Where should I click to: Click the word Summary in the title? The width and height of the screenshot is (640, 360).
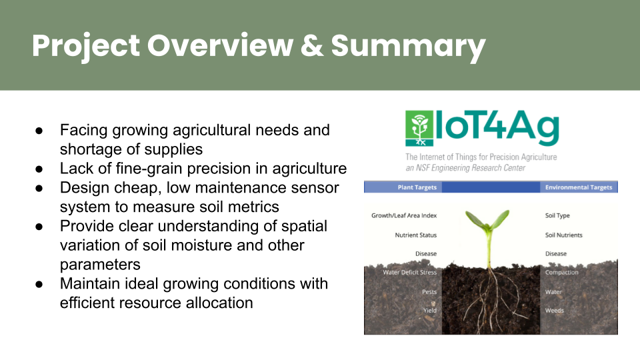[x=408, y=46]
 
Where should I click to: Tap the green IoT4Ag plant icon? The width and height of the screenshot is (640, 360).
[x=419, y=128]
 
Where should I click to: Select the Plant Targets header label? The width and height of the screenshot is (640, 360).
[x=417, y=187]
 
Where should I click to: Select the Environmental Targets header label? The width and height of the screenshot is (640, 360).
[x=579, y=187]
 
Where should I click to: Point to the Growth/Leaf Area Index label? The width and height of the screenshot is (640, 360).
[x=404, y=215]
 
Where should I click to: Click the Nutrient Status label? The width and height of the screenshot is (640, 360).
[x=415, y=235]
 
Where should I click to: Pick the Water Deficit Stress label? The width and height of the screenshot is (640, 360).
[x=409, y=272]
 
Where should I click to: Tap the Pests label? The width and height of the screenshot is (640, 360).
[x=429, y=292]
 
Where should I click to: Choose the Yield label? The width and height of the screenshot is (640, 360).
[x=429, y=310]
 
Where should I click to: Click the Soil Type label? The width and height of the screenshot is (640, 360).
[x=557, y=215]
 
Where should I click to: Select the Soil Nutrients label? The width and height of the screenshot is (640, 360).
[x=564, y=235]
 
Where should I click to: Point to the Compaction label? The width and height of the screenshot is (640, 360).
[x=561, y=272]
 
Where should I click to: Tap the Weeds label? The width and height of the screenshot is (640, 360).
[x=554, y=310]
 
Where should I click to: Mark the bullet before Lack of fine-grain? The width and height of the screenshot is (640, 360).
[x=39, y=169]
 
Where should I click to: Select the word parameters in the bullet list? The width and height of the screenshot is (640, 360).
[x=100, y=265]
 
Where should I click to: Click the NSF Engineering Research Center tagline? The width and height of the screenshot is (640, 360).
[x=465, y=168]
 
